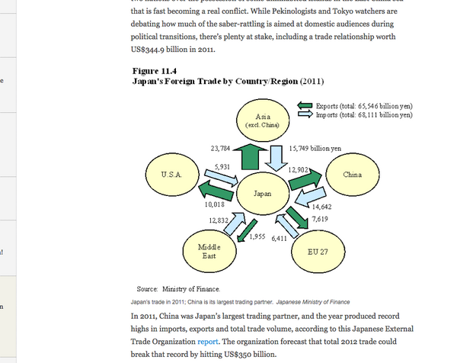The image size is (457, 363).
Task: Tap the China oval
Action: pyautogui.click(x=352, y=175)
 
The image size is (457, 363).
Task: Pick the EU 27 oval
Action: pyautogui.click(x=317, y=251)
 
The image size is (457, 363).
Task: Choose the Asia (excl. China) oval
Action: pyautogui.click(x=261, y=120)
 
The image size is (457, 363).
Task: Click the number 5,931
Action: pyautogui.click(x=223, y=166)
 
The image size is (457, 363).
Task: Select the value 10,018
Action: pyautogui.click(x=215, y=204)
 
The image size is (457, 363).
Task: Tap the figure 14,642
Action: pyautogui.click(x=321, y=207)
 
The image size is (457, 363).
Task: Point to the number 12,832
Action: pyautogui.click(x=219, y=220)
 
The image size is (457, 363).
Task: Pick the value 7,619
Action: pyautogui.click(x=320, y=219)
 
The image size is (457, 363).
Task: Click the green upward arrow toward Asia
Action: pyautogui.click(x=250, y=156)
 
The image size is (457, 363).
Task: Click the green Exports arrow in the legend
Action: pyautogui.click(x=305, y=105)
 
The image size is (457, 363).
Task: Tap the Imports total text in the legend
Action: pyautogui.click(x=364, y=114)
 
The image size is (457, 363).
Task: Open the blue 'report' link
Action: pyautogui.click(x=208, y=342)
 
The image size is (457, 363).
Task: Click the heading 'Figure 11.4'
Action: pyautogui.click(x=155, y=71)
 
